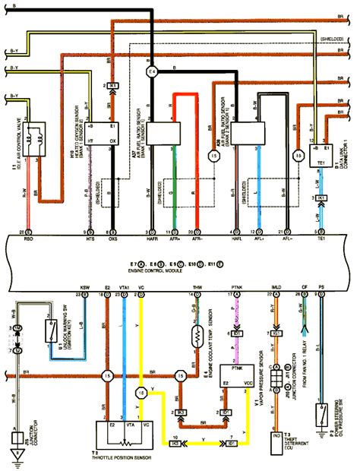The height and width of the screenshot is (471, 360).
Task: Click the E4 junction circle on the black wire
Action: click(152, 72)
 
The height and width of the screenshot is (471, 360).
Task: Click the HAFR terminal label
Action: click(150, 238)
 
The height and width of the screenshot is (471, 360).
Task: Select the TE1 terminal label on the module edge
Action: click(321, 238)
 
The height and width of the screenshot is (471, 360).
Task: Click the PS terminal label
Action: click(321, 287)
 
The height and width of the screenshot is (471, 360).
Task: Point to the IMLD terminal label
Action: click(276, 287)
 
